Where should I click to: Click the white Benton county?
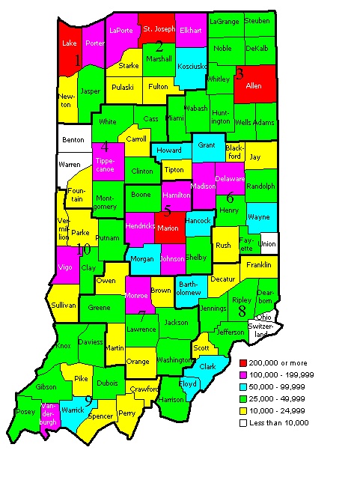click(x=73, y=139)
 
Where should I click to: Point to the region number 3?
click(x=240, y=73)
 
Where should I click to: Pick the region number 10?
click(x=83, y=249)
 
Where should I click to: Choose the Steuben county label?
click(x=257, y=21)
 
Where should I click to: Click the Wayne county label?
click(x=259, y=216)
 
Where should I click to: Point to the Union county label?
click(x=267, y=244)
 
